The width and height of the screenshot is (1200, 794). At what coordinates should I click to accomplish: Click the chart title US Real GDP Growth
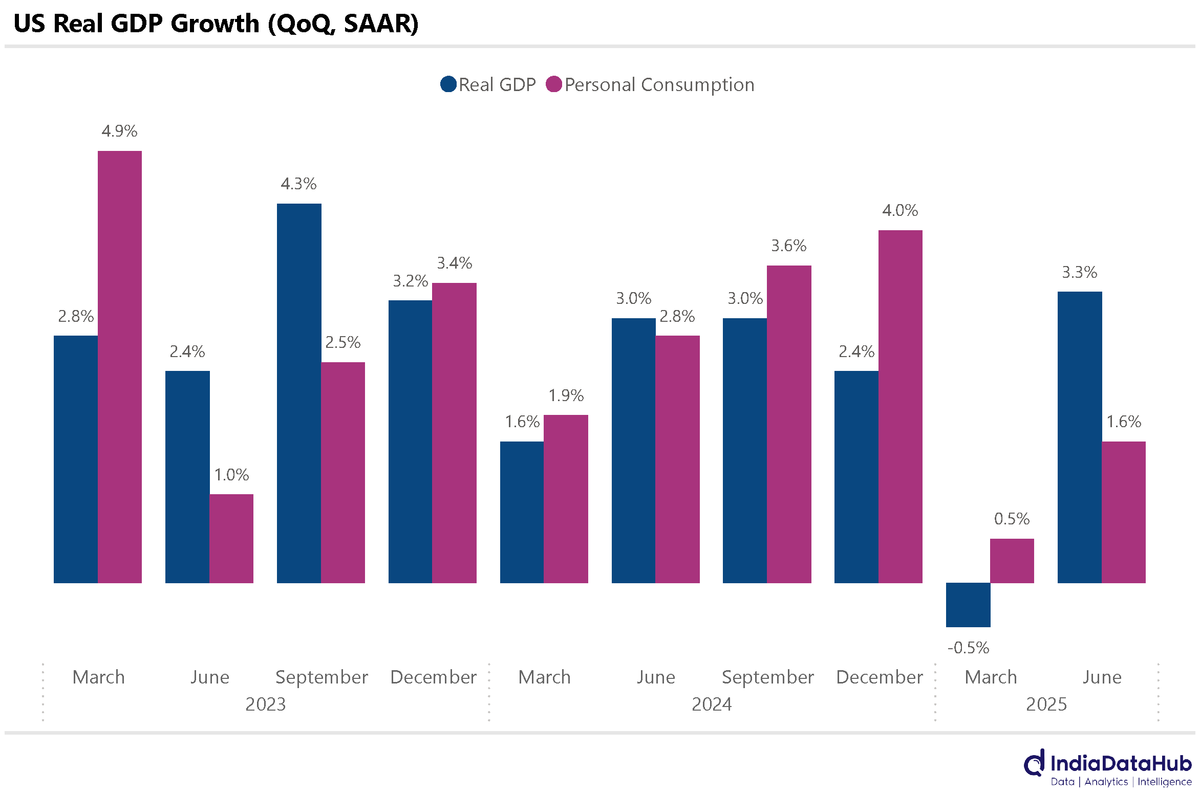[216, 24]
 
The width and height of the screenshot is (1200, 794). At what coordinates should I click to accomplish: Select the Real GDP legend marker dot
[448, 84]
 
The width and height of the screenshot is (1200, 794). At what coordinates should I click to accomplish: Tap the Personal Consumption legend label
[659, 85]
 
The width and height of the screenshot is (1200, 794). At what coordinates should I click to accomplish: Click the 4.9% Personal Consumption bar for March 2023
[120, 367]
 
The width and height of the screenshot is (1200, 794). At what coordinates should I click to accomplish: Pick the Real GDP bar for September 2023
[299, 393]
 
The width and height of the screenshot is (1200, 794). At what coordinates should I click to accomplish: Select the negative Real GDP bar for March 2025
[968, 605]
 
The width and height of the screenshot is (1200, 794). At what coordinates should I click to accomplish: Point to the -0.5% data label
[968, 648]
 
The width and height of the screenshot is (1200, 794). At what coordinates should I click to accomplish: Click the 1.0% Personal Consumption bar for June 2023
[231, 538]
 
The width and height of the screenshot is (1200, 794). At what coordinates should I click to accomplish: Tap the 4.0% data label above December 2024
[900, 210]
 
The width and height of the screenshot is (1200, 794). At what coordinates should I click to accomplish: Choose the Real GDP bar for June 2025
[1080, 437]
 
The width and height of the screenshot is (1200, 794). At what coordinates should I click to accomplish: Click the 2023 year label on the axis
[265, 704]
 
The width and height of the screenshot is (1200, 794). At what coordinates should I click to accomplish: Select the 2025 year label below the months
[1046, 704]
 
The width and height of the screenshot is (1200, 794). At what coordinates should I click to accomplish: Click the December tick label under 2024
[879, 677]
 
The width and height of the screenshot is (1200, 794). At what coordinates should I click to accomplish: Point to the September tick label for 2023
[322, 677]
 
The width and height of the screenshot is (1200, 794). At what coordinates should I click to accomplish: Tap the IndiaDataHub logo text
[1121, 764]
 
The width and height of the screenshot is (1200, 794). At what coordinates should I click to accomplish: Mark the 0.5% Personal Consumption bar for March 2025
[1012, 561]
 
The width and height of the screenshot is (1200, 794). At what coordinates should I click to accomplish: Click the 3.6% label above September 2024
[789, 246]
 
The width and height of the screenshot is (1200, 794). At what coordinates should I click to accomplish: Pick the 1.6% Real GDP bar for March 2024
[522, 512]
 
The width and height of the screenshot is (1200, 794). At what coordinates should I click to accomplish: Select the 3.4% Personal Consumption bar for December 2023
[455, 433]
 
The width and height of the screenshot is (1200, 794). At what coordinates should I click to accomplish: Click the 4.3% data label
[298, 184]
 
